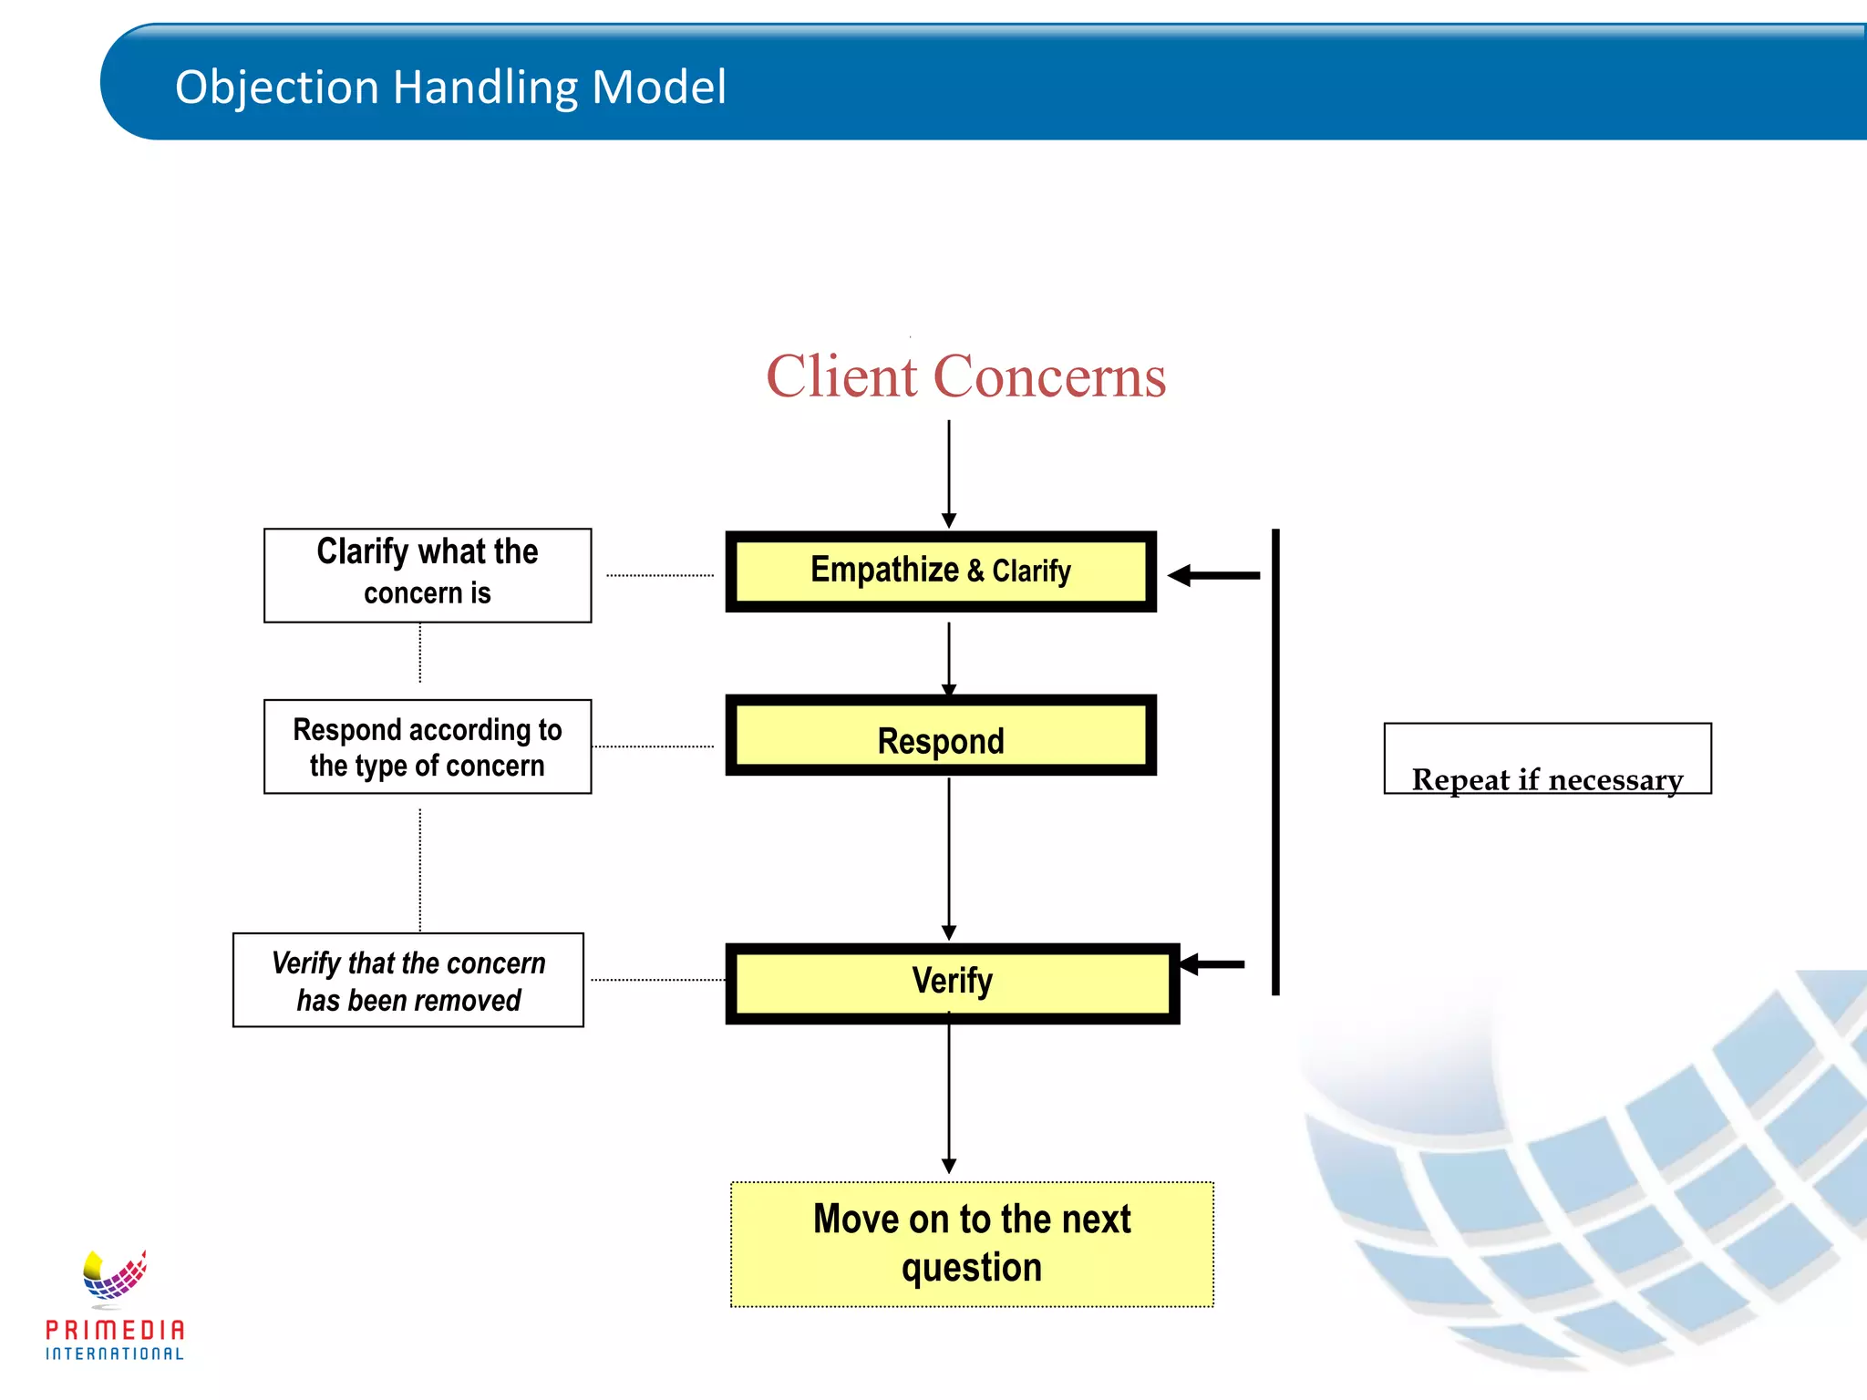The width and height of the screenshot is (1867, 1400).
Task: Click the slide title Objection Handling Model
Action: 450,87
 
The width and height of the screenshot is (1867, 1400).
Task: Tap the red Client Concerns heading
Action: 965,376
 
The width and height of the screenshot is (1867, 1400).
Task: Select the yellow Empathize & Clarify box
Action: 941,571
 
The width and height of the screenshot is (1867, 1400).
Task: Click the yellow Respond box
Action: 941,736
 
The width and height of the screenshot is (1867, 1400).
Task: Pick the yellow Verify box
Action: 952,983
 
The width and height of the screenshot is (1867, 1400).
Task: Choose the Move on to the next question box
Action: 972,1244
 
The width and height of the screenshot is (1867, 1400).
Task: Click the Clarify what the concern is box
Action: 428,575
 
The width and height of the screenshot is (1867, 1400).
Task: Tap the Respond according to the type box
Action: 428,746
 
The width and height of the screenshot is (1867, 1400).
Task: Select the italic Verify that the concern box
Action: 408,980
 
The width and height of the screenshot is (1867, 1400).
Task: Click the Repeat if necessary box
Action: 1547,759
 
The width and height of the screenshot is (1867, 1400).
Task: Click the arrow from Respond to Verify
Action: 949,857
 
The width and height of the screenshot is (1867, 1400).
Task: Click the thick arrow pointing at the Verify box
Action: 1212,964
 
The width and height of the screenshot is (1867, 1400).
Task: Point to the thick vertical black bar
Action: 1275,761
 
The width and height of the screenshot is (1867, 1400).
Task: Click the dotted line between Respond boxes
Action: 653,746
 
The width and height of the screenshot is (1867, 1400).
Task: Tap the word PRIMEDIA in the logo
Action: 115,1330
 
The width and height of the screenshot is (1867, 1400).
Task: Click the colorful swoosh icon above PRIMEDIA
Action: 115,1274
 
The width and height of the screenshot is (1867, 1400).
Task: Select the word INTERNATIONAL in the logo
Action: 115,1354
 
